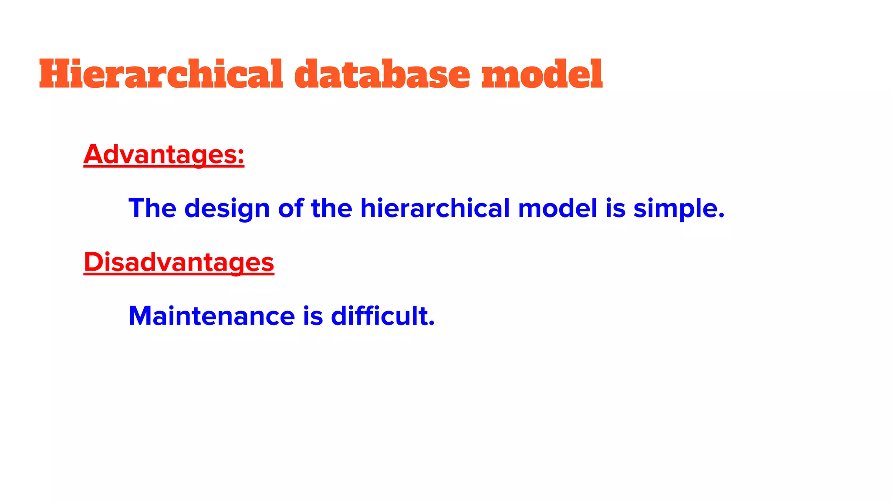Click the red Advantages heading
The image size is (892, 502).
pyautogui.click(x=159, y=154)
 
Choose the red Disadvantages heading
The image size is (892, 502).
pyautogui.click(x=179, y=262)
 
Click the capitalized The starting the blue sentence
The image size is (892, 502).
pyautogui.click(x=152, y=208)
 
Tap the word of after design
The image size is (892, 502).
pyautogui.click(x=291, y=208)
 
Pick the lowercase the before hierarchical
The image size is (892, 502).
pyautogui.click(x=331, y=208)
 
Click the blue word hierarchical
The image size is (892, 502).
pyautogui.click(x=435, y=208)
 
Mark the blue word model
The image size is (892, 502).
pyautogui.click(x=557, y=208)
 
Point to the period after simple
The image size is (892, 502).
pyautogui.click(x=721, y=216)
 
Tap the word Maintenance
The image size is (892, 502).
pyautogui.click(x=212, y=316)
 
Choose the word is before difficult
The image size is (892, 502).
pyautogui.click(x=313, y=316)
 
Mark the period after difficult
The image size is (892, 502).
pyautogui.click(x=432, y=323)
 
